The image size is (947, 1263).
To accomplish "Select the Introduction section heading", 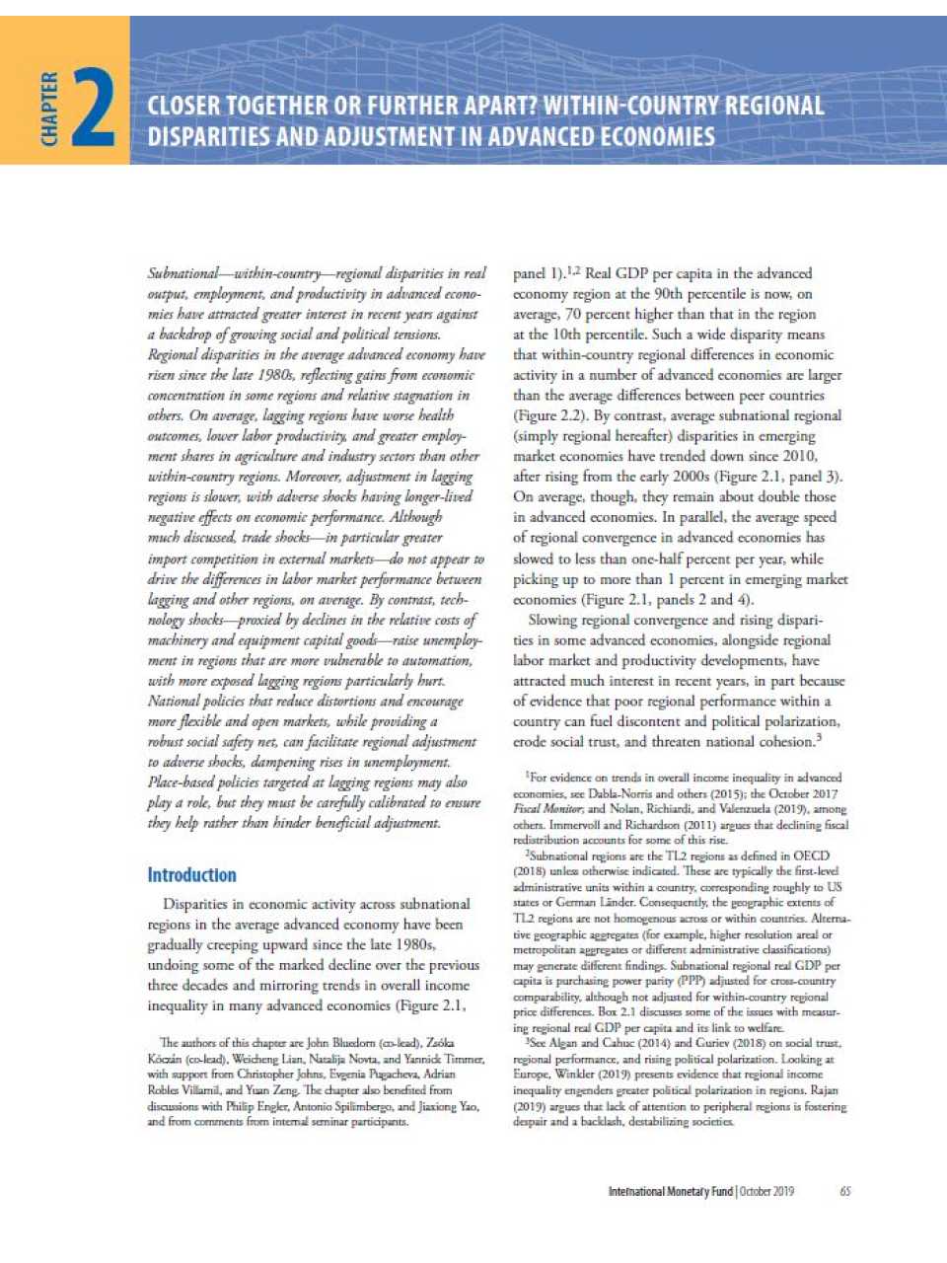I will [x=191, y=874].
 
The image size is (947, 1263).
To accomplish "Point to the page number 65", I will [x=845, y=1191].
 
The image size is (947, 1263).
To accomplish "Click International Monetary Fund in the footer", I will [x=670, y=1191].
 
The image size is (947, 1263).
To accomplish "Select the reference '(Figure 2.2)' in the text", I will [x=549, y=415].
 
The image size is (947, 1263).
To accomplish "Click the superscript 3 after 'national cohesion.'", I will [x=819, y=736].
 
